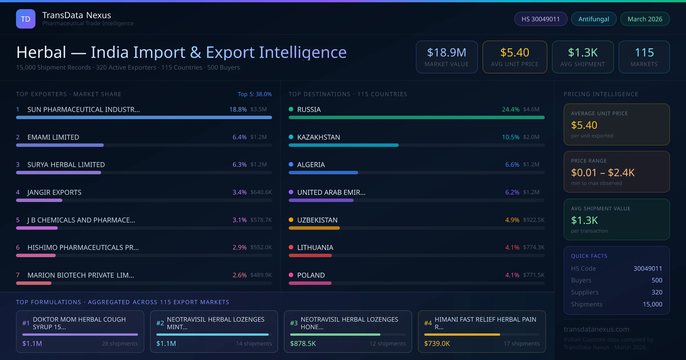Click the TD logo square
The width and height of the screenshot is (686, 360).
click(25, 19)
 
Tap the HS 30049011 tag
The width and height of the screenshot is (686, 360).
click(541, 19)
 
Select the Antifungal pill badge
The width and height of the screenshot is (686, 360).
click(594, 19)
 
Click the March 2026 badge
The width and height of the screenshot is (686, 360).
click(645, 19)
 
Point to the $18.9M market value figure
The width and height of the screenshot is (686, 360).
click(446, 53)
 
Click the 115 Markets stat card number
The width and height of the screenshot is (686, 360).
click(644, 53)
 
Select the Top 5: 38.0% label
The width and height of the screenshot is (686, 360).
click(254, 94)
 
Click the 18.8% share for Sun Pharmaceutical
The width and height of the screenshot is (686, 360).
click(238, 109)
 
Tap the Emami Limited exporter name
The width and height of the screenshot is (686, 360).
click(53, 137)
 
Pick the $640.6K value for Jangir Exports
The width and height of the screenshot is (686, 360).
click(261, 192)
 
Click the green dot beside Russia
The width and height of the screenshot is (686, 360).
click(291, 109)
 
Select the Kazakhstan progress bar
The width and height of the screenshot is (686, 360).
click(343, 145)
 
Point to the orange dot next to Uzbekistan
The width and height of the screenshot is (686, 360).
click(291, 220)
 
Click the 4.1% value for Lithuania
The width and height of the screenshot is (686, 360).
click(512, 247)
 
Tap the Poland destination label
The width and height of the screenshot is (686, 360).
click(311, 275)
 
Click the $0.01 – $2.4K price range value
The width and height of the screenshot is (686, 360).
click(603, 173)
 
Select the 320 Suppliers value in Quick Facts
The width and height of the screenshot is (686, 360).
click(657, 292)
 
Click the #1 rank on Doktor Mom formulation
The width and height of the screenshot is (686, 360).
click(26, 323)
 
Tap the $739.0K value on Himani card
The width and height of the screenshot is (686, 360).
click(437, 343)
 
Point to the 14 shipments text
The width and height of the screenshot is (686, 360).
click(254, 343)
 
